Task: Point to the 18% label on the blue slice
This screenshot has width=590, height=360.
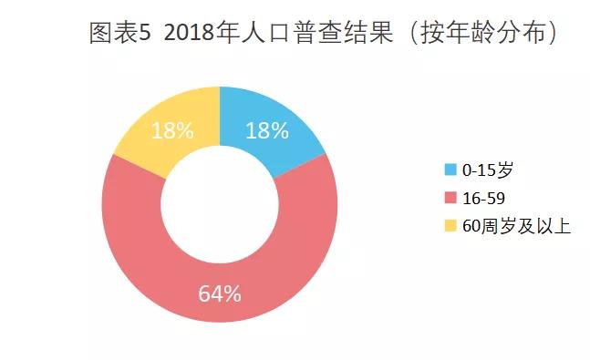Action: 267,130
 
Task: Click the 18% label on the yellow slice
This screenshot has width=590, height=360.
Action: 172,130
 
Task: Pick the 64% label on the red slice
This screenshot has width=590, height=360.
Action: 220,293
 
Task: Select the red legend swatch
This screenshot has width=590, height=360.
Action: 450,197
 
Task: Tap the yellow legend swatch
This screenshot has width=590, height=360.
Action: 450,224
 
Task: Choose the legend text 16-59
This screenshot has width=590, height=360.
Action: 484,197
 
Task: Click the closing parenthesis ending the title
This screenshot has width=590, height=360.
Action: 552,34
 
